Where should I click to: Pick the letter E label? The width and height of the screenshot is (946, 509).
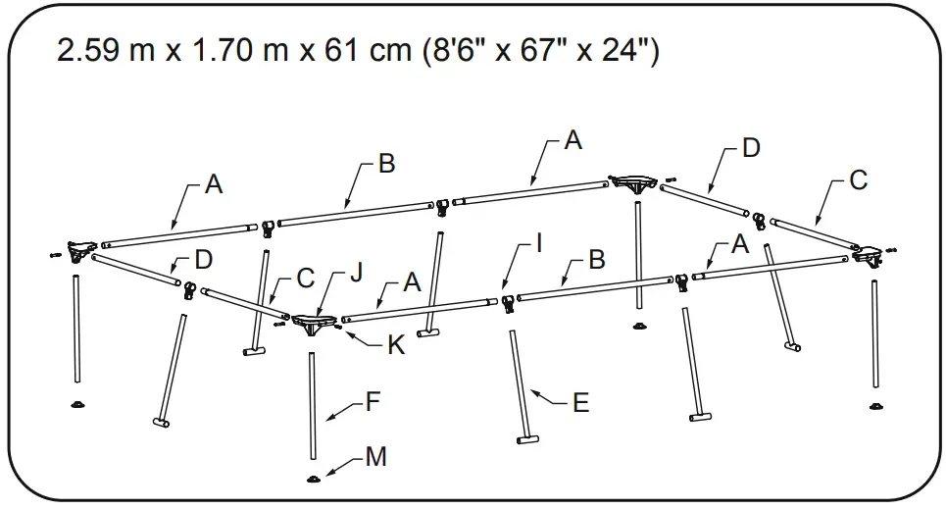pyautogui.click(x=580, y=403)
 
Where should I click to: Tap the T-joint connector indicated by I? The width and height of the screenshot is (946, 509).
pyautogui.click(x=508, y=302)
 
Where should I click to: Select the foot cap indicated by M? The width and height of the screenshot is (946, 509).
pyautogui.click(x=314, y=479)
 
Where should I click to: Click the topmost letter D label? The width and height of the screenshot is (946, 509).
pyautogui.click(x=751, y=148)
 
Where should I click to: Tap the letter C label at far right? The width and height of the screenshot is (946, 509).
pyautogui.click(x=858, y=180)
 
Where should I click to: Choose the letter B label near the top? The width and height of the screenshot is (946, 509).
pyautogui.click(x=387, y=164)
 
